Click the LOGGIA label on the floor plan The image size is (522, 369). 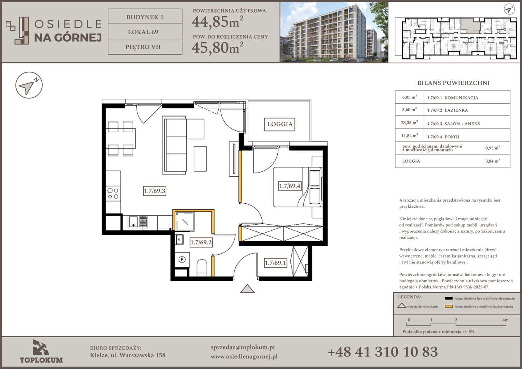coord(280,124)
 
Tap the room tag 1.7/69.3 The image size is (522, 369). coord(154,191)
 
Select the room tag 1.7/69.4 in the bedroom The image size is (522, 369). coord(290,186)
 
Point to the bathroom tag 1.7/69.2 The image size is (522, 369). coord(201,243)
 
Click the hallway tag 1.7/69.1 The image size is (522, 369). coord(275,263)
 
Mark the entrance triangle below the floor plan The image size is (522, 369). coord(247,289)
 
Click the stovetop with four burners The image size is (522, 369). coord(113,193)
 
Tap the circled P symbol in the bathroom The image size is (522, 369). coord(182,259)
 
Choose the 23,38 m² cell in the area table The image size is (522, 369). coord(410,122)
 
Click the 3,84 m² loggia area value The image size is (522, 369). coord(493,161)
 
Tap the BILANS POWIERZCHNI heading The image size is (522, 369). coord(453,83)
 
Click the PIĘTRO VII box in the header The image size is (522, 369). coord(145,47)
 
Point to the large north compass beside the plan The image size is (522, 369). coord(29,85)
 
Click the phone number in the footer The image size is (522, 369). coord(383,352)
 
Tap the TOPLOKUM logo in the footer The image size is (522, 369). coord(41,352)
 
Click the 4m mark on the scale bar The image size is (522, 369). coord(506,320)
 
